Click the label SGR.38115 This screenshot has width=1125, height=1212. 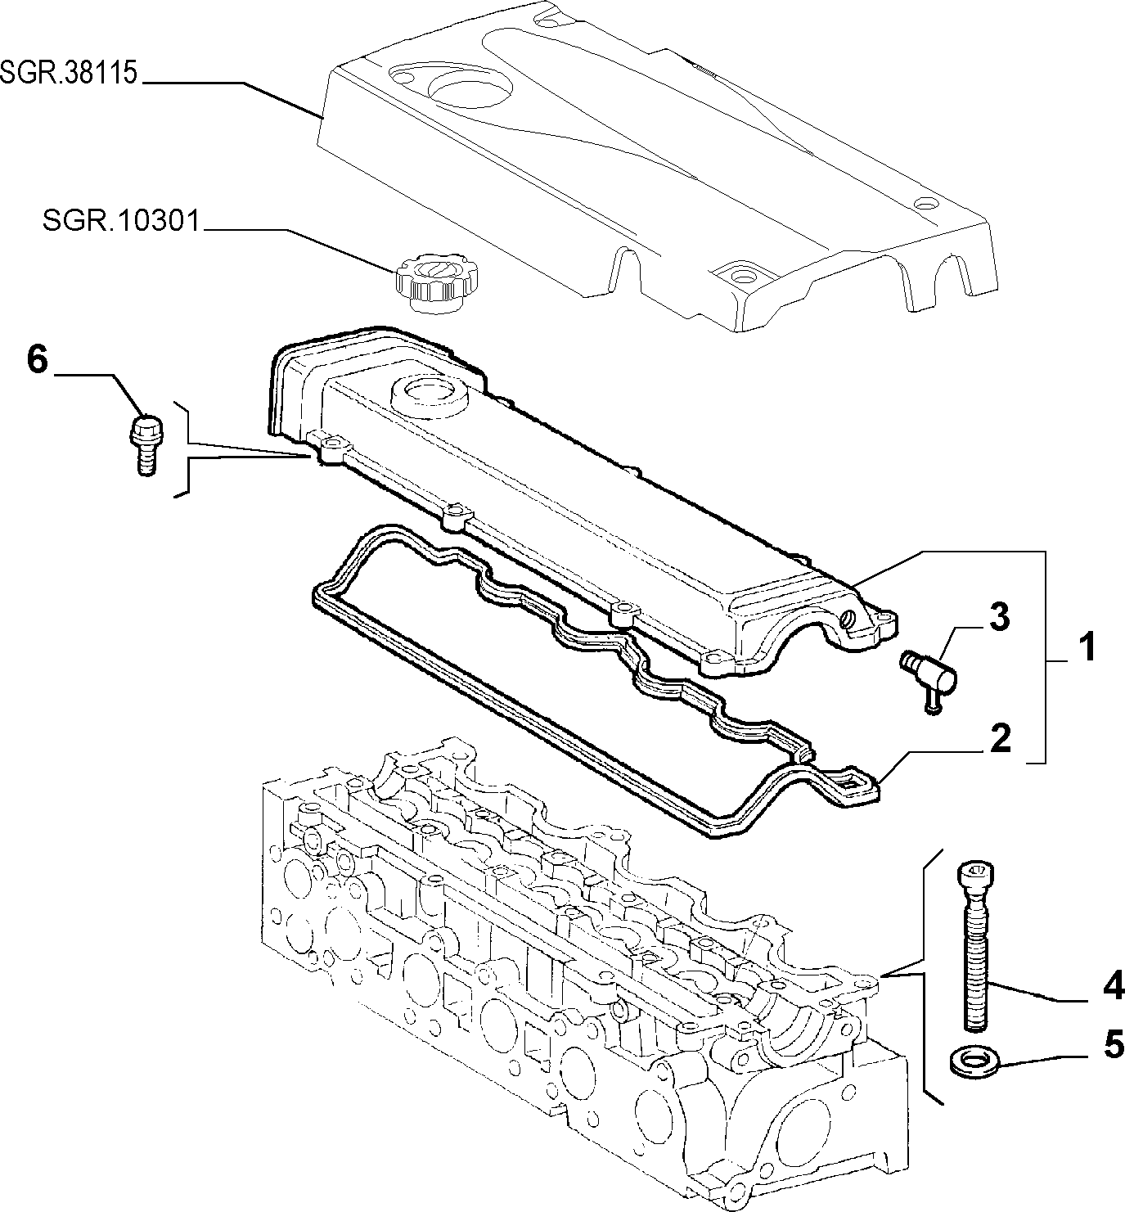click(69, 73)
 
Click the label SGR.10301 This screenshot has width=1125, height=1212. click(121, 220)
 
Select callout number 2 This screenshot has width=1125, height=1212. click(999, 738)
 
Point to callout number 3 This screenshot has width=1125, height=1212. click(999, 617)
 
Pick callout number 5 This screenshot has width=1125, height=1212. click(1109, 1062)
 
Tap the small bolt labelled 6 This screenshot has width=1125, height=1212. click(144, 444)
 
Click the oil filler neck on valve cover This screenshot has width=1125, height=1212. click(427, 394)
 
